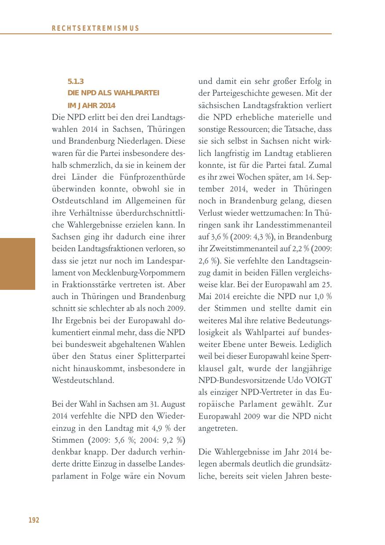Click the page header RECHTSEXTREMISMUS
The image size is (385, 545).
click(95, 28)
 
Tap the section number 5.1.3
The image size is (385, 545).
click(76, 81)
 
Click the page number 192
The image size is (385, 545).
click(34, 520)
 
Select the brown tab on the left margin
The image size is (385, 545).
click(18, 264)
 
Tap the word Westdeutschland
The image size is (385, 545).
click(83, 380)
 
